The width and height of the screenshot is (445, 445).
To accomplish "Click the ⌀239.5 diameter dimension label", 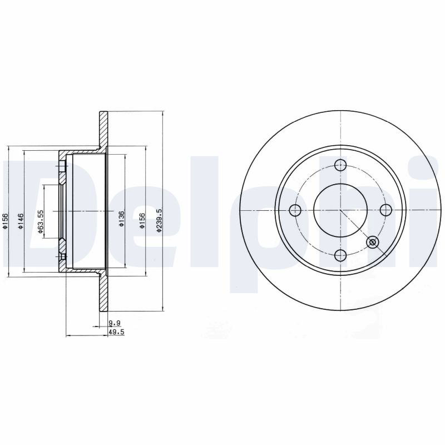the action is coord(160,221).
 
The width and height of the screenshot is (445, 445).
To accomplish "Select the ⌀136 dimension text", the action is coord(122,219).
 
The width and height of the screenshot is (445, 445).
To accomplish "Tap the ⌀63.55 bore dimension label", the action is coord(41,221).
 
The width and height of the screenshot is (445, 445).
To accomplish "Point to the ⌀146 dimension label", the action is coord(21,221).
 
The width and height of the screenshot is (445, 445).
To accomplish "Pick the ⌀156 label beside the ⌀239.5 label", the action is coord(142,221).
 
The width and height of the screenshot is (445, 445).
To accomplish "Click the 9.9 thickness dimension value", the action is coord(115,323).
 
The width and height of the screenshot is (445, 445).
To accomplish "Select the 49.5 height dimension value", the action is coord(117,332).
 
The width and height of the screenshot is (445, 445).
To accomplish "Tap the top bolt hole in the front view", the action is coord(340,165).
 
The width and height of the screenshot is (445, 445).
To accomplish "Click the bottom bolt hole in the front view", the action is coord(340,255).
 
